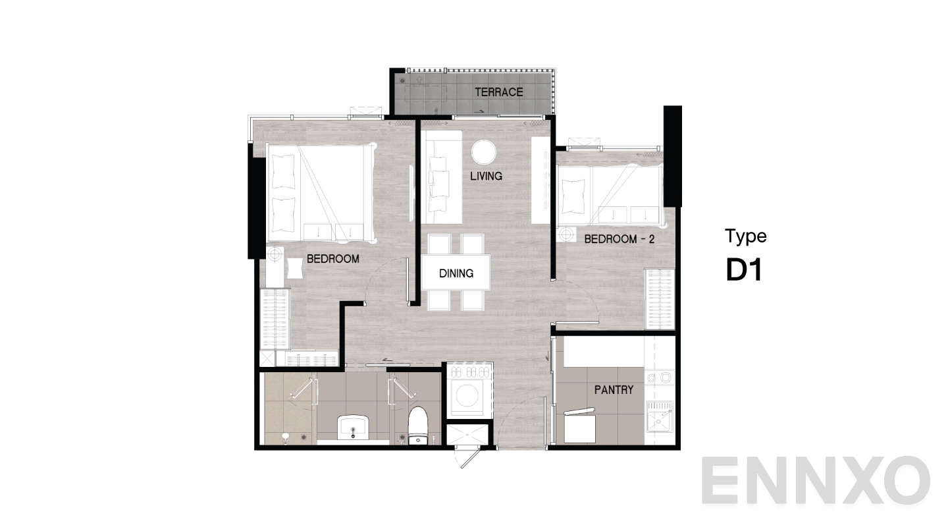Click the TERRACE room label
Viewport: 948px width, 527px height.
[499, 92]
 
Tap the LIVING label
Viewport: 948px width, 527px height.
[487, 176]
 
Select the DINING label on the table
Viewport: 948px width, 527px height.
[456, 273]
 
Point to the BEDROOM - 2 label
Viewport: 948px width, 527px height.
[619, 239]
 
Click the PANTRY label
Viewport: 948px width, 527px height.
[614, 389]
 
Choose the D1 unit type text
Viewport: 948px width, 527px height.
[744, 270]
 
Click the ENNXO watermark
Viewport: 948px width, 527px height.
[816, 480]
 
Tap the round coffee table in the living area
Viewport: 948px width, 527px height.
[484, 152]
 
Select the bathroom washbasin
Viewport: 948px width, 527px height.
[353, 427]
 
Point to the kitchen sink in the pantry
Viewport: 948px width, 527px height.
[660, 416]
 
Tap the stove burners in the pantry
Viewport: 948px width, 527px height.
[660, 377]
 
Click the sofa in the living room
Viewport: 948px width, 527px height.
[441, 177]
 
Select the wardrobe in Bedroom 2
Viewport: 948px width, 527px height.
[660, 299]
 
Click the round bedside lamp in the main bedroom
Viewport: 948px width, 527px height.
[275, 254]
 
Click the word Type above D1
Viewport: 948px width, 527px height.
[746, 236]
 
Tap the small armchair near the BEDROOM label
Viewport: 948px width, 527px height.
[294, 268]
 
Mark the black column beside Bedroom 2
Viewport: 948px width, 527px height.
[673, 156]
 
